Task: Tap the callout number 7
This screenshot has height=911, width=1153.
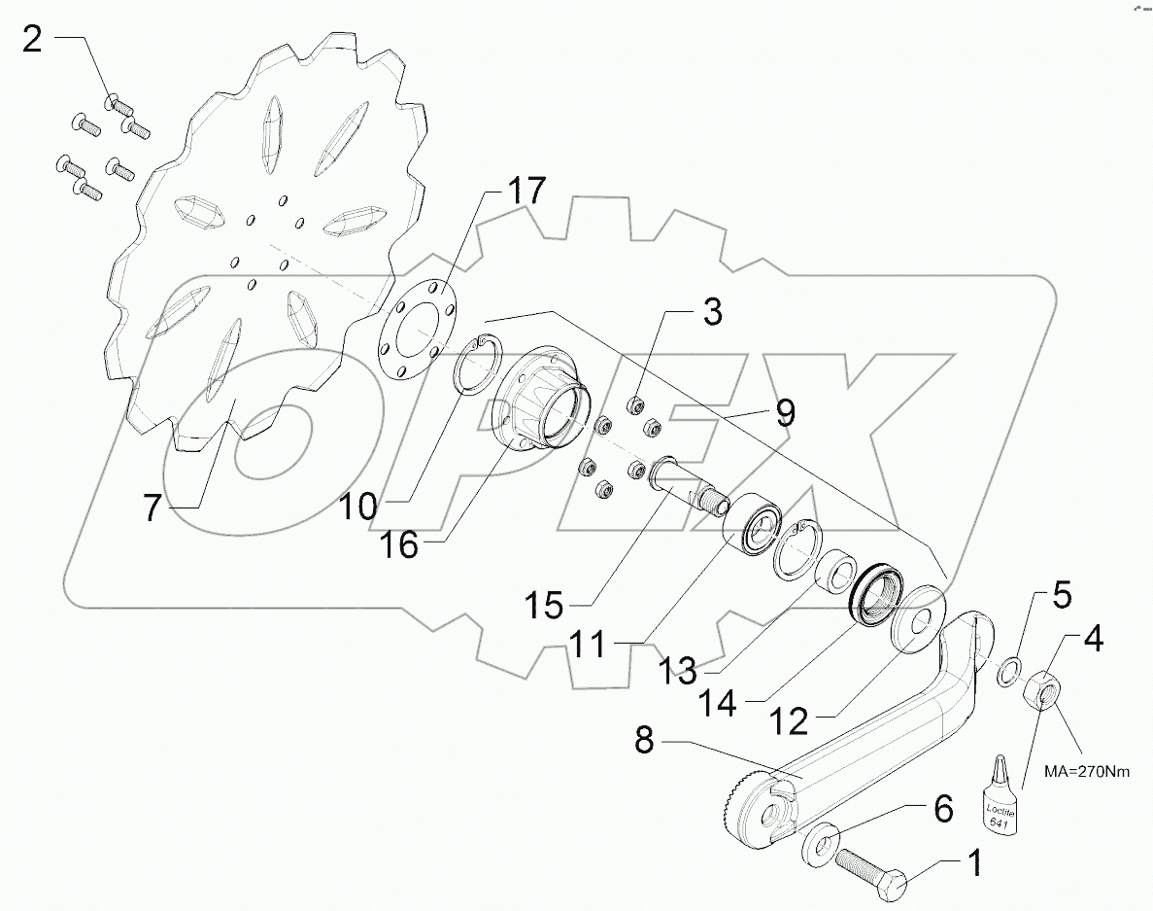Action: (x=152, y=508)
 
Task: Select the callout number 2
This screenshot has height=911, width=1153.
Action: (x=33, y=40)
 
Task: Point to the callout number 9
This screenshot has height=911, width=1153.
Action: (x=785, y=413)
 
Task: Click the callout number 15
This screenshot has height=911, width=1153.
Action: (x=545, y=606)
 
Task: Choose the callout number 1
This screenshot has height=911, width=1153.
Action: (x=971, y=860)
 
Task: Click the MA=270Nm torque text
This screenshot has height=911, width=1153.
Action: (x=1088, y=771)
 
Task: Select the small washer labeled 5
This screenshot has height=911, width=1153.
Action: (x=1008, y=670)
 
